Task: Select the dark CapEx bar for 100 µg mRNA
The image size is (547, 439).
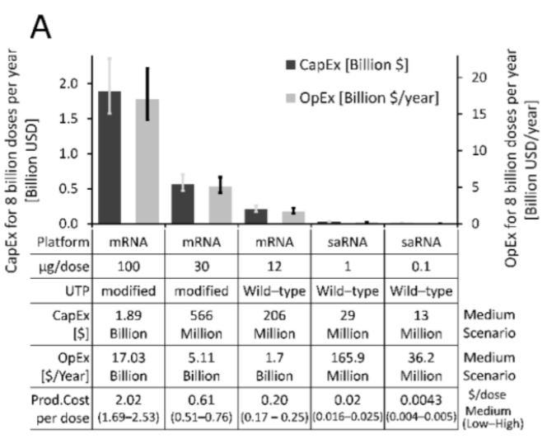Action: pos(115,157)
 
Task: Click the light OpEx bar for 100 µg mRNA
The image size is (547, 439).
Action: pos(147,161)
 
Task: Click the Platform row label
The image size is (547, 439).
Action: pos(72,242)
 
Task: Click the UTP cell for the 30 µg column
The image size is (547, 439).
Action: pos(199,295)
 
